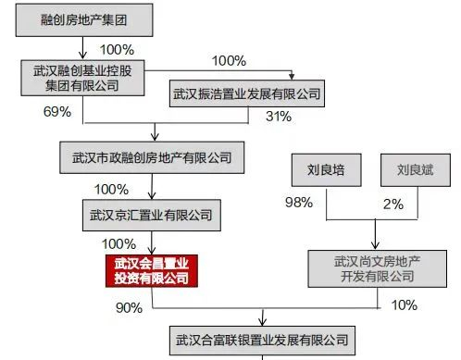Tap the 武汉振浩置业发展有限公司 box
tap(246, 93)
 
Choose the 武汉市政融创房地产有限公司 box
tap(151, 157)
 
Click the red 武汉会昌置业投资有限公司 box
tap(151, 269)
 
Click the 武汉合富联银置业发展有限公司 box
tap(263, 341)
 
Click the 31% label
tap(279, 117)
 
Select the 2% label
tap(393, 203)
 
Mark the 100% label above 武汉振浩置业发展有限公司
tap(229, 61)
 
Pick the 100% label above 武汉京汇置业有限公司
tap(111, 188)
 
